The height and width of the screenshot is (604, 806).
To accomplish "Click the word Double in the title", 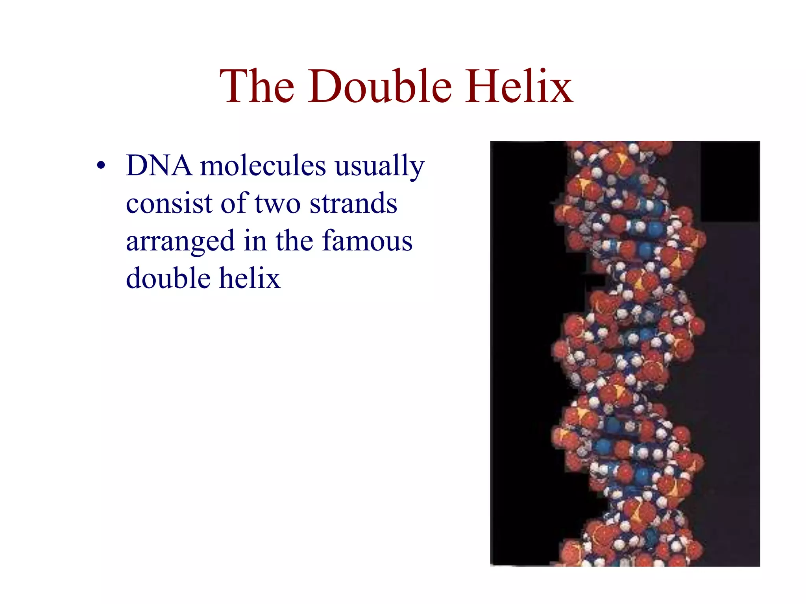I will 380,87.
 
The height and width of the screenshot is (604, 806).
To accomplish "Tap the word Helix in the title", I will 519,87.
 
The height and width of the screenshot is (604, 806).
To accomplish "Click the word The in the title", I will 257,87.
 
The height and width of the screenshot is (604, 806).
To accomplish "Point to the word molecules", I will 263,165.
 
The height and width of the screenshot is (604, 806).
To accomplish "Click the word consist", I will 169,203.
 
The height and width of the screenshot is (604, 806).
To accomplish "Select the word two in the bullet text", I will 277,204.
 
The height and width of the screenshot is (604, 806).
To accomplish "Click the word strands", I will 353,203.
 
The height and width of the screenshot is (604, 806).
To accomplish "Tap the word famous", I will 367,240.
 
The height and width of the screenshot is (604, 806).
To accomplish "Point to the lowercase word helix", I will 250,278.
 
